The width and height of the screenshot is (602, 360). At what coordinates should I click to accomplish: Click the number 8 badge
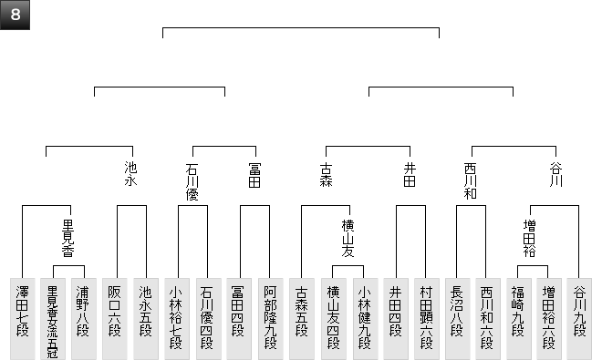tap(15, 15)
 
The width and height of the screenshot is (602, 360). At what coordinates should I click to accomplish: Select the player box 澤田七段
tap(22, 319)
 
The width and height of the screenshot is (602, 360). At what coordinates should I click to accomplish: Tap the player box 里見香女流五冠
tap(53, 319)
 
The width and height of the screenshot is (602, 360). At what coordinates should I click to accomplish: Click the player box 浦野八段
tap(84, 319)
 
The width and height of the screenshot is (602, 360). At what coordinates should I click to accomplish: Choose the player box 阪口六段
tap(115, 319)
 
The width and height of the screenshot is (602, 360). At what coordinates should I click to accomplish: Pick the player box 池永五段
tap(146, 319)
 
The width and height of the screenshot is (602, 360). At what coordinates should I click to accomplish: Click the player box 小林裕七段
tap(177, 319)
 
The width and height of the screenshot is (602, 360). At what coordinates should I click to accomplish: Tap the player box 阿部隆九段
tap(271, 319)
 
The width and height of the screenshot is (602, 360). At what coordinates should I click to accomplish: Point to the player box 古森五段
tap(302, 319)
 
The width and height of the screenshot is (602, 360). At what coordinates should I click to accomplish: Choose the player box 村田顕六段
tap(427, 319)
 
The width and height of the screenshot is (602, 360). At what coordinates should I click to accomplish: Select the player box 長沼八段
tap(458, 319)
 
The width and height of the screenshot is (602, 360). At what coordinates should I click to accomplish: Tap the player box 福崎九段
tap(519, 319)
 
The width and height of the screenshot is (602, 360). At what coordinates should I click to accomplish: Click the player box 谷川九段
tap(579, 319)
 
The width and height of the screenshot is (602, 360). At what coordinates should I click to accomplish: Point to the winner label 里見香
tap(68, 238)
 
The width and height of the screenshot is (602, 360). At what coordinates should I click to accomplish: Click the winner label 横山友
tap(348, 238)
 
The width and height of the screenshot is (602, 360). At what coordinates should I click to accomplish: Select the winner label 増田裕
tap(529, 238)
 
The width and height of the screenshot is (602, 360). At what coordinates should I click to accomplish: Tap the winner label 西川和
tap(471, 181)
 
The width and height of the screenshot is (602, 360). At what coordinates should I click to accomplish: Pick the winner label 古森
tap(326, 175)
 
